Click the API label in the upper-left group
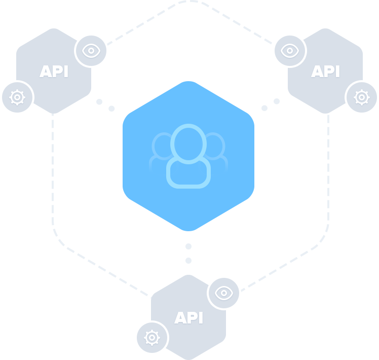[x=54, y=71]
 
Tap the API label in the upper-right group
[x=325, y=71]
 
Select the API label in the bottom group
[x=188, y=318]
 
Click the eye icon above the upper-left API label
[x=91, y=51]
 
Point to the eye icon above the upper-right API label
[x=290, y=51]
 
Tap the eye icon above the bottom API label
[x=223, y=293]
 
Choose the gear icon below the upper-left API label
[x=18, y=96]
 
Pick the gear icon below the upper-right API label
[x=361, y=97]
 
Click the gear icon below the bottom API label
[x=151, y=337]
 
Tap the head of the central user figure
[x=188, y=143]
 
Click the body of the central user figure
[x=188, y=173]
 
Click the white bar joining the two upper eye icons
[x=191, y=57]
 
